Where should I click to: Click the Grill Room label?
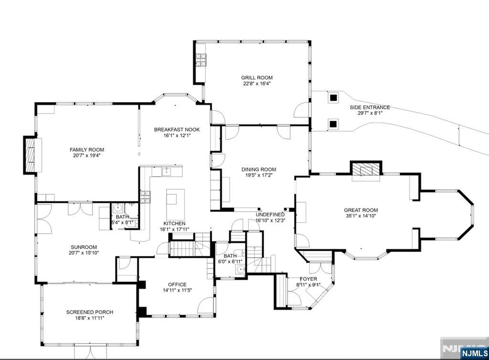(256, 78)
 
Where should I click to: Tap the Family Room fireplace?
(30, 155)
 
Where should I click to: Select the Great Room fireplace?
(366, 170)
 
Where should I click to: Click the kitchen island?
(175, 204)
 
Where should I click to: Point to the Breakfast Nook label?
(177, 130)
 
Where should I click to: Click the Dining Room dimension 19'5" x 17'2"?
(259, 176)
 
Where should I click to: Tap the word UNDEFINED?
(270, 214)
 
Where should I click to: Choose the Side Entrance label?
(370, 107)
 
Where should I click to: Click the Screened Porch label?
(89, 312)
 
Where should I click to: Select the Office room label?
(177, 285)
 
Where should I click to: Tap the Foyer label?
(308, 279)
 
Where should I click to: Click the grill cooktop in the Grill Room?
(201, 60)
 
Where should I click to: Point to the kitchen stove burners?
(145, 197)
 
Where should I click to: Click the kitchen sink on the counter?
(166, 171)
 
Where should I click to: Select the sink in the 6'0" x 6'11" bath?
(240, 269)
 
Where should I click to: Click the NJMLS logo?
(474, 353)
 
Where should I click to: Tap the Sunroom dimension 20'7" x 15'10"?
(84, 253)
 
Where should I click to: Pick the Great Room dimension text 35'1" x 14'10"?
(361, 216)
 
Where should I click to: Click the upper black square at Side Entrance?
(333, 97)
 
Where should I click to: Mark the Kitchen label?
(174, 223)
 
